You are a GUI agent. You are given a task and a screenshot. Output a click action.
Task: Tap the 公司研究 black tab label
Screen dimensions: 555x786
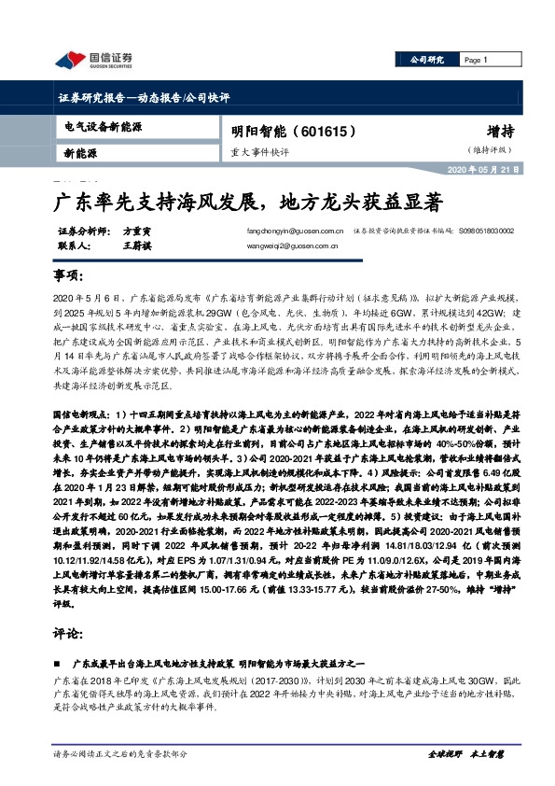coord(428,61)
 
